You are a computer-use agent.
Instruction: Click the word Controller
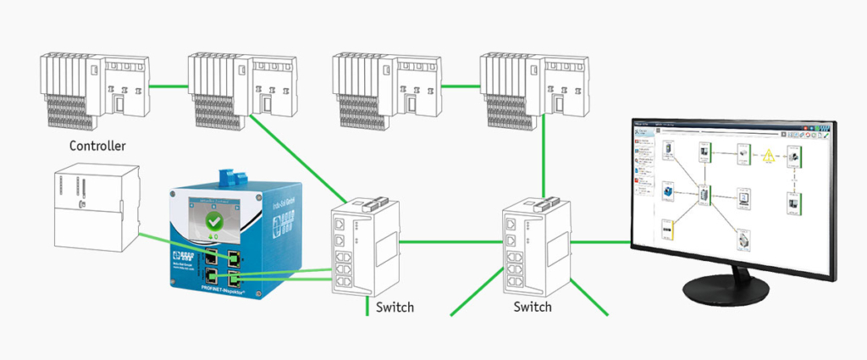[x=97, y=146]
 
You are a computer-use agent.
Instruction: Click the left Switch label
[x=395, y=307]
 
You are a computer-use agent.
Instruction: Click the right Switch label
[x=533, y=307]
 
